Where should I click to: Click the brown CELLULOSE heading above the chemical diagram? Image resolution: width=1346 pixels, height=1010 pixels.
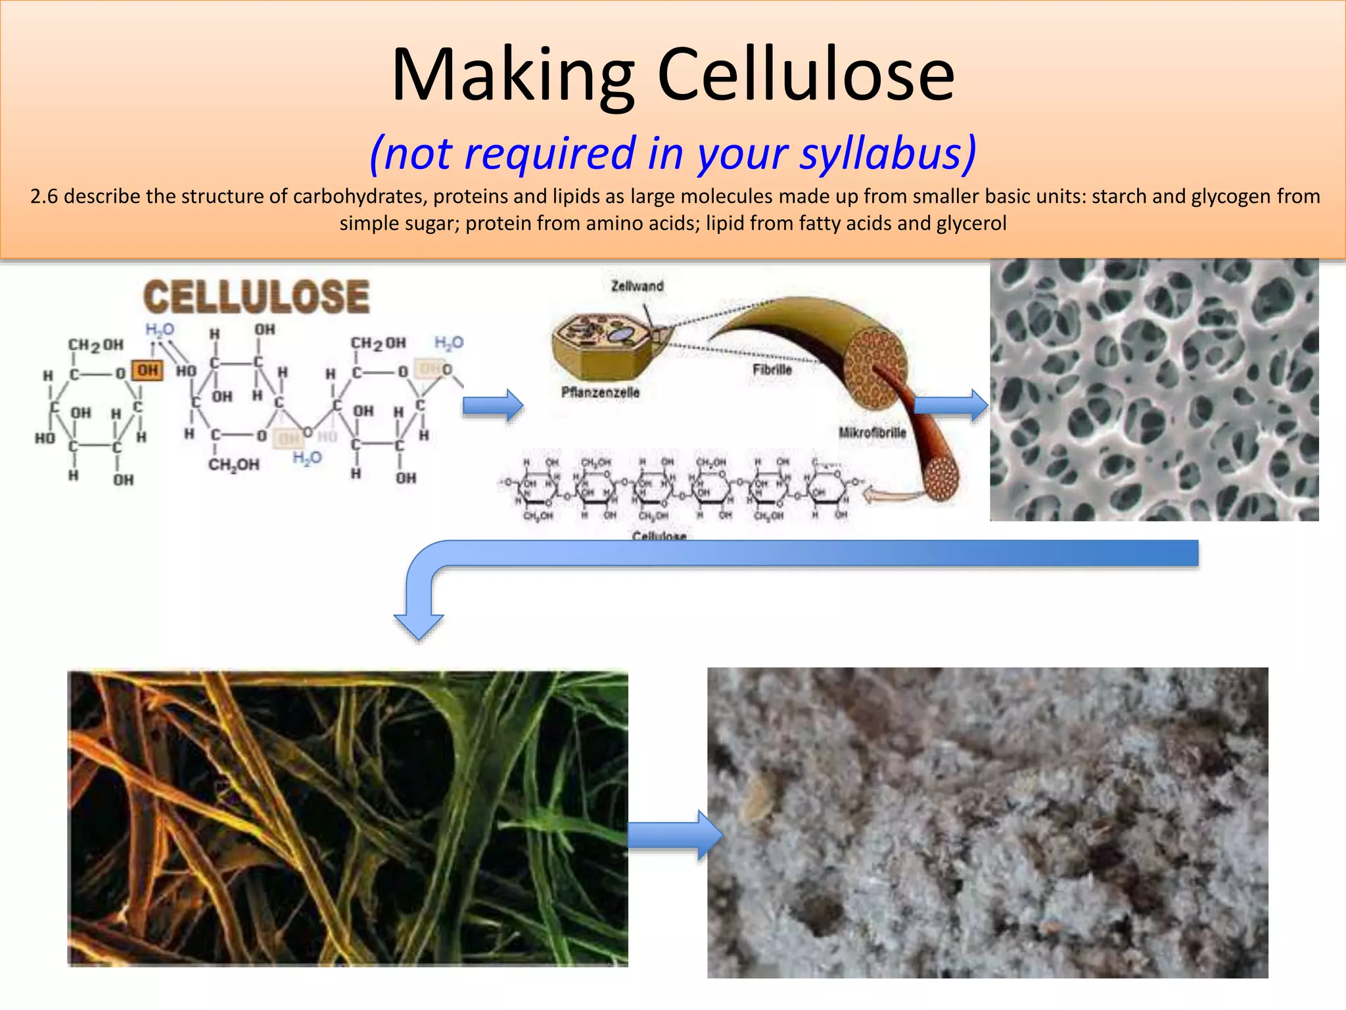(256, 297)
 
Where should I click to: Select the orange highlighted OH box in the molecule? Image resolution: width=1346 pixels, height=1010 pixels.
(147, 370)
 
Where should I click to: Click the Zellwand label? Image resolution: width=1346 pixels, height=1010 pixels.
(637, 286)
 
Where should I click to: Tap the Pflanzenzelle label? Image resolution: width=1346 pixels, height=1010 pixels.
(599, 393)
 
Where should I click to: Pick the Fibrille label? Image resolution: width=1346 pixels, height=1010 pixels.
(772, 370)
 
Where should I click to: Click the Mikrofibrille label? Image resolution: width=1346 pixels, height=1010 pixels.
(872, 433)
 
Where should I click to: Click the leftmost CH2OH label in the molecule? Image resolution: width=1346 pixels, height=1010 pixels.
(96, 345)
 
